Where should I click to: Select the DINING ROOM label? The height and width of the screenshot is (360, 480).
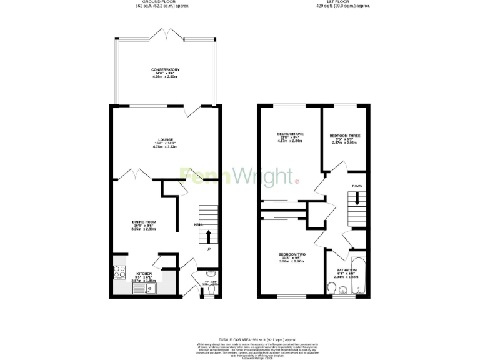(144, 222)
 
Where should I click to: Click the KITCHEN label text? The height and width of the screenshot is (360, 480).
(144, 274)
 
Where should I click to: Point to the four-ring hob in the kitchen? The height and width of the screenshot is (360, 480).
(119, 272)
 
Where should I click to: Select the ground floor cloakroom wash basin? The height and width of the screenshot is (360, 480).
(211, 273)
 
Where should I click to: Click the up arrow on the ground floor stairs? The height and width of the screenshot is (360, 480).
(208, 236)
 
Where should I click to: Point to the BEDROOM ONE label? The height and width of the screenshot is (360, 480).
(290, 134)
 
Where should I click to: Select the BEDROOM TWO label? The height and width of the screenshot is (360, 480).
(292, 254)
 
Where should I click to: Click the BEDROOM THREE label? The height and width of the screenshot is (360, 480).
(344, 135)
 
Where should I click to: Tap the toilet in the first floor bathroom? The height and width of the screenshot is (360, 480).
(332, 287)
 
